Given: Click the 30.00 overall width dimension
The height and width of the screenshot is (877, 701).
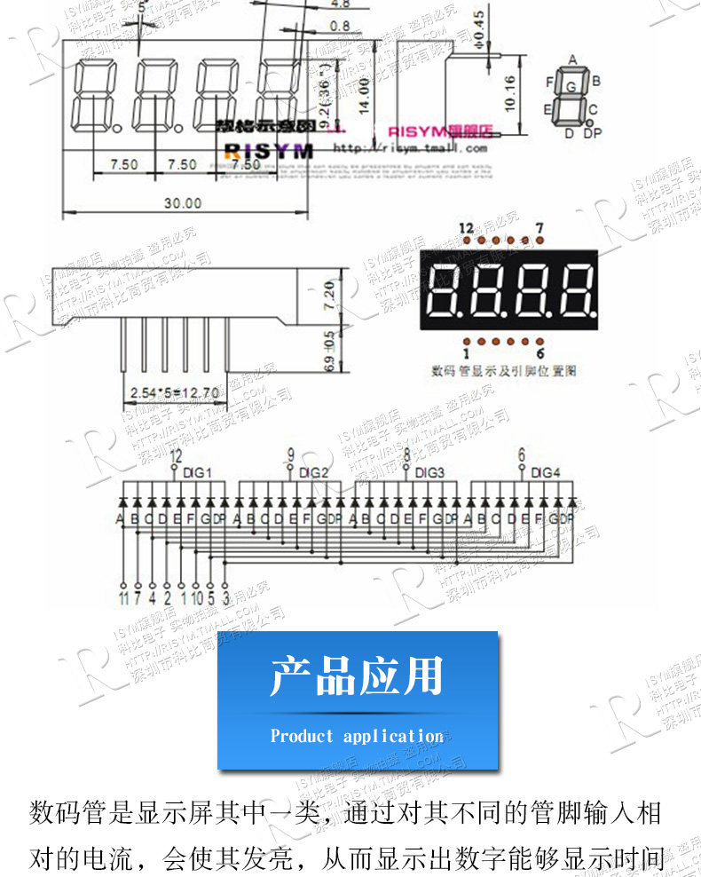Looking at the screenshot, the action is point(182,203).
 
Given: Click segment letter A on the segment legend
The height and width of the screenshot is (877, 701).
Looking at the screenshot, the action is point(572,59).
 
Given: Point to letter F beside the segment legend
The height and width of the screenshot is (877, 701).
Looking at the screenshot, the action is point(550,82).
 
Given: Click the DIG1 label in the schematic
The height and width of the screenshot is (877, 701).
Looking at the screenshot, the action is point(197,472).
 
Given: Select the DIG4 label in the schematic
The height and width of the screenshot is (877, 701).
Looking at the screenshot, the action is point(546,472).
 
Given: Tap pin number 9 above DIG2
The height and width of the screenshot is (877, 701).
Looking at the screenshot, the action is point(290,456).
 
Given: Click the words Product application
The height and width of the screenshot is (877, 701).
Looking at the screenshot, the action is point(357,736).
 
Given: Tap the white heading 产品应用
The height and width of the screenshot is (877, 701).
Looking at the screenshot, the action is point(357,676).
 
